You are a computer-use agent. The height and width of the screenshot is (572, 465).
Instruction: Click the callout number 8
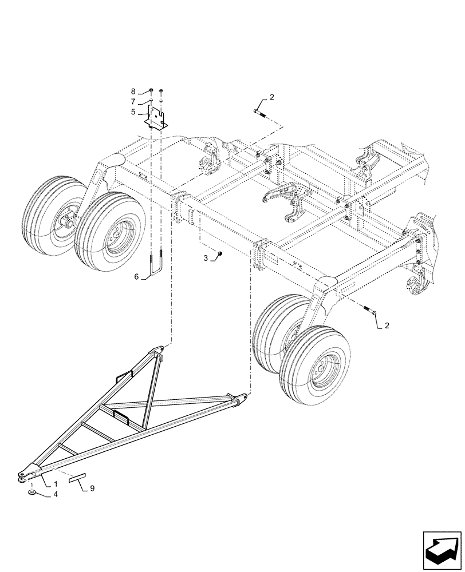click(133, 92)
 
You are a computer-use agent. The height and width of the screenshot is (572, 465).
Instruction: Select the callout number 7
click(133, 101)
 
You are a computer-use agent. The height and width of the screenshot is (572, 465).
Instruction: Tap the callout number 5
click(133, 112)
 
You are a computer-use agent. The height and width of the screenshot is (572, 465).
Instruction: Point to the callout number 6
click(137, 277)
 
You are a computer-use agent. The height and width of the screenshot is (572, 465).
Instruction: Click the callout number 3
click(206, 259)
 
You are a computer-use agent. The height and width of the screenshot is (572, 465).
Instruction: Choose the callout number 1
click(56, 484)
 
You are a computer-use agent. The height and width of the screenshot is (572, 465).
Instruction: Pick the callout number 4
click(56, 495)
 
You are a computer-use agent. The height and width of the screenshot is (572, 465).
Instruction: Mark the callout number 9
click(93, 488)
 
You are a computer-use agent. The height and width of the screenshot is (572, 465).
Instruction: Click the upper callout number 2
click(271, 97)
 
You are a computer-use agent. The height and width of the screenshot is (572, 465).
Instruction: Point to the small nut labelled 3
click(220, 253)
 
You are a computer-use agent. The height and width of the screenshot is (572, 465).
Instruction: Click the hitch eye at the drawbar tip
click(22, 474)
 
